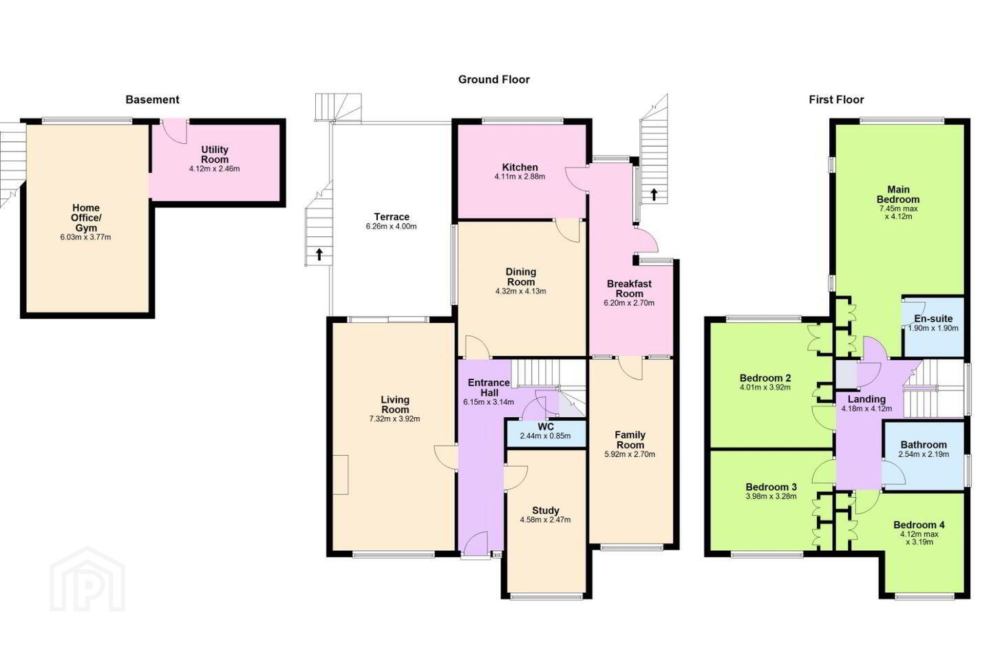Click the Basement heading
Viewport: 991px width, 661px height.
pos(152,100)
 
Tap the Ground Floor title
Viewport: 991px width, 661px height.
pos(493,80)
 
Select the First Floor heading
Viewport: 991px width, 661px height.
pos(836,100)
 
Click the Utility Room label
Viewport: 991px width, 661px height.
pos(215,154)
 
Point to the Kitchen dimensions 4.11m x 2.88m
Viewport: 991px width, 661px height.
pos(520,177)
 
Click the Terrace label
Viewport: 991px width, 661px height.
pos(392,217)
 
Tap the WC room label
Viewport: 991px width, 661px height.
pos(546,427)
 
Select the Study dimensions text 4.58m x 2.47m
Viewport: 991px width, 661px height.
pos(546,520)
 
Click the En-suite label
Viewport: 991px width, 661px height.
pos(933,319)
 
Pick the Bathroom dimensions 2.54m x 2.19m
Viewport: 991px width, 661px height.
pos(924,454)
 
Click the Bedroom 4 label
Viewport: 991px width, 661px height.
pos(919,525)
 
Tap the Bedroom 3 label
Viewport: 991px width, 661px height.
pos(771,487)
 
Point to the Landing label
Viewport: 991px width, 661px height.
pos(866,399)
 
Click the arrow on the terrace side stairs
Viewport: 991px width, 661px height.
pos(319,254)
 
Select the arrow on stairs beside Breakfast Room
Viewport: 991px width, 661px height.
pos(654,194)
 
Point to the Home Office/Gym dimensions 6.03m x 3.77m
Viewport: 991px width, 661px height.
pos(85,238)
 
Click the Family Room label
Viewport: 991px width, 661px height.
pos(630,439)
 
